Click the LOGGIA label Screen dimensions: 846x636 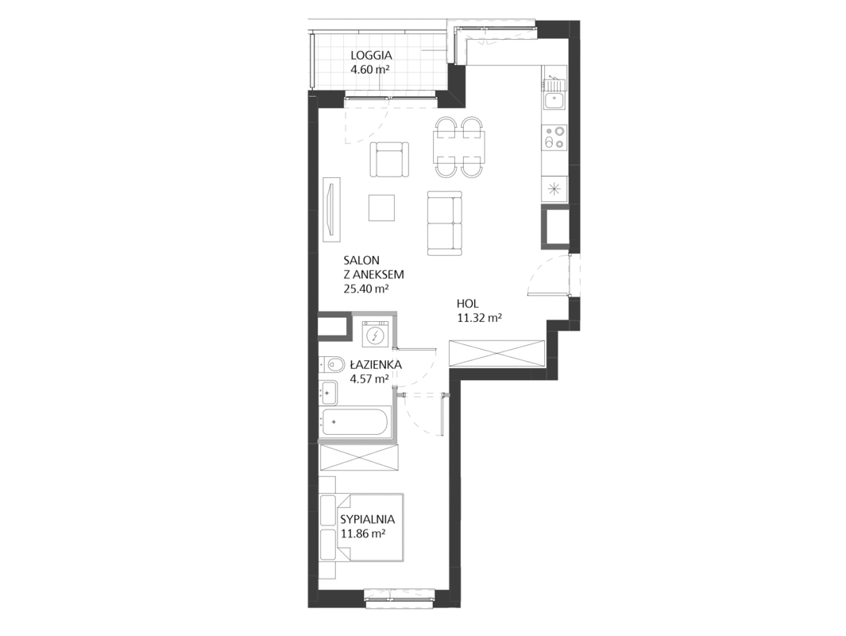371,55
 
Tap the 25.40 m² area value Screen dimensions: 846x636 366,289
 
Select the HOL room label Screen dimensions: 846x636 468,304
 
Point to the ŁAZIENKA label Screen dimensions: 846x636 375,364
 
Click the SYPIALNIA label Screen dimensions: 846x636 368,519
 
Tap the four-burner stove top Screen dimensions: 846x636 554,137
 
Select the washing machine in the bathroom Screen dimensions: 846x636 376,335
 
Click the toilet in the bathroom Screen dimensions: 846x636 332,365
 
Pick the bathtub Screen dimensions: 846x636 356,421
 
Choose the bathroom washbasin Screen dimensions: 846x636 328,393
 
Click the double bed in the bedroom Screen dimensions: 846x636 361,527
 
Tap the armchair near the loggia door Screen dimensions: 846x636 389,159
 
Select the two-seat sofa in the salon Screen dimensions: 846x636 445,223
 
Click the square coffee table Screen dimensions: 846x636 382,207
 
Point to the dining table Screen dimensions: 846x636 459,147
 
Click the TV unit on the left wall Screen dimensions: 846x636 330,209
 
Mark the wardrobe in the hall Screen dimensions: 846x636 497,355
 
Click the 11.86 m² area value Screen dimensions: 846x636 362,534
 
